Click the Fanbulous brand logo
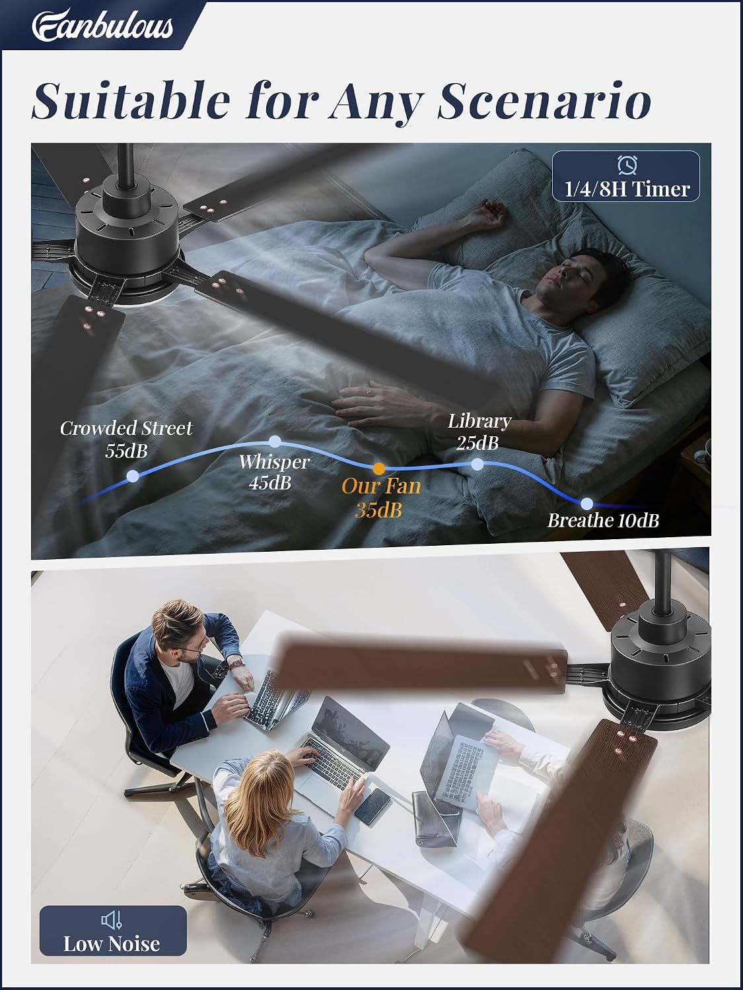tap(102, 25)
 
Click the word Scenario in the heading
tap(544, 101)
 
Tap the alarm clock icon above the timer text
tap(627, 164)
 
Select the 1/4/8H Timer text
tap(627, 189)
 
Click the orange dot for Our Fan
tap(379, 469)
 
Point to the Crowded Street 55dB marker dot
tap(133, 476)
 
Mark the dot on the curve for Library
tap(478, 464)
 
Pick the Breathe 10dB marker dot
tap(586, 504)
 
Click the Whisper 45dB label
tap(273, 472)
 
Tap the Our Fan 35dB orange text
tap(380, 498)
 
